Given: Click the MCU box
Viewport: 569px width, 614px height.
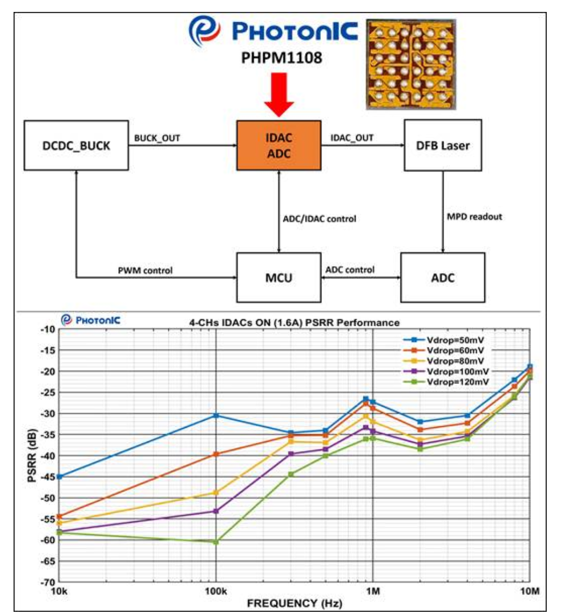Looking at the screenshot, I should (x=278, y=277).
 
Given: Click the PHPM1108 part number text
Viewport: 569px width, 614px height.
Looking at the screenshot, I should (x=278, y=58).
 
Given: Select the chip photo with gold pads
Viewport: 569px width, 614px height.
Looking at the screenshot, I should (x=410, y=63).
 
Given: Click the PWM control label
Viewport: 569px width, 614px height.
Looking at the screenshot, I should (x=145, y=270).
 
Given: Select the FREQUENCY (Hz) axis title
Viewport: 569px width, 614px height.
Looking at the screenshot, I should (x=294, y=603).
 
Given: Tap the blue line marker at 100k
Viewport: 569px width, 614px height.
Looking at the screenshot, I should (x=216, y=415).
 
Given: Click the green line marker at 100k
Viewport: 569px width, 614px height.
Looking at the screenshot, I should (x=216, y=542).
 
